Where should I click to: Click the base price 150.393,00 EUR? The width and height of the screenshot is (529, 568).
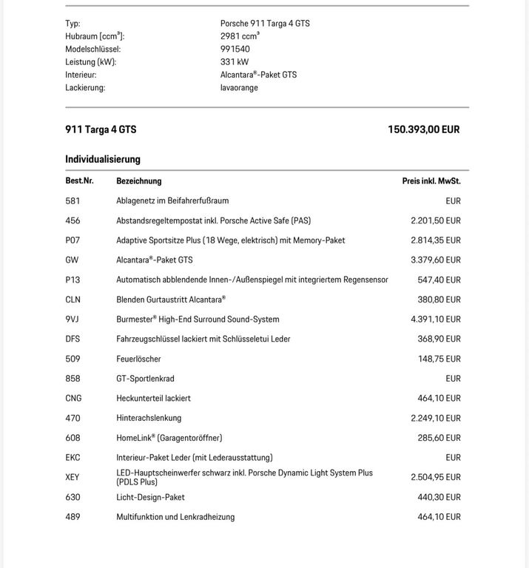[423, 129]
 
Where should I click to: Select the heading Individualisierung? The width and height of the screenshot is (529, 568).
[103, 159]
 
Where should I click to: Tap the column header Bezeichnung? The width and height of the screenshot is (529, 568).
[139, 181]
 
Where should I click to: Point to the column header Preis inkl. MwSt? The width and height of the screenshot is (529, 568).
[431, 181]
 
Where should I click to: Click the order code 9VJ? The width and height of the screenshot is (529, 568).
[73, 319]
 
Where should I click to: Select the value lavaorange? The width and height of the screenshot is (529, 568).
[239, 88]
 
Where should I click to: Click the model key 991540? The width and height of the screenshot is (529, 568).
[235, 50]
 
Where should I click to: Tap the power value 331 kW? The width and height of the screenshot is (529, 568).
[235, 62]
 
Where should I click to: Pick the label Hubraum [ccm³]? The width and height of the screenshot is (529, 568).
[95, 36]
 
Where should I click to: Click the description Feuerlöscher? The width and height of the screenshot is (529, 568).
[138, 359]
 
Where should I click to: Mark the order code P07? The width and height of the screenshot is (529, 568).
[73, 240]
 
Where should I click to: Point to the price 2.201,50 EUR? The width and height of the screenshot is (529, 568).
[436, 220]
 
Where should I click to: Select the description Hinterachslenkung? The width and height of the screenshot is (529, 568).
[149, 419]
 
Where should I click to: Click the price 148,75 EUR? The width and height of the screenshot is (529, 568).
[439, 359]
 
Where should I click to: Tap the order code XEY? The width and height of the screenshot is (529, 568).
[73, 478]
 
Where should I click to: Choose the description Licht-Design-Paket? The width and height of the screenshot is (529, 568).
[150, 498]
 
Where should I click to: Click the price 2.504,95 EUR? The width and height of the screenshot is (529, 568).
[436, 478]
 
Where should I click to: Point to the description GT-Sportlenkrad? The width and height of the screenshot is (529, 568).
[145, 379]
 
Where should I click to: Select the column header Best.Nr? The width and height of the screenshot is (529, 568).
[79, 181]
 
